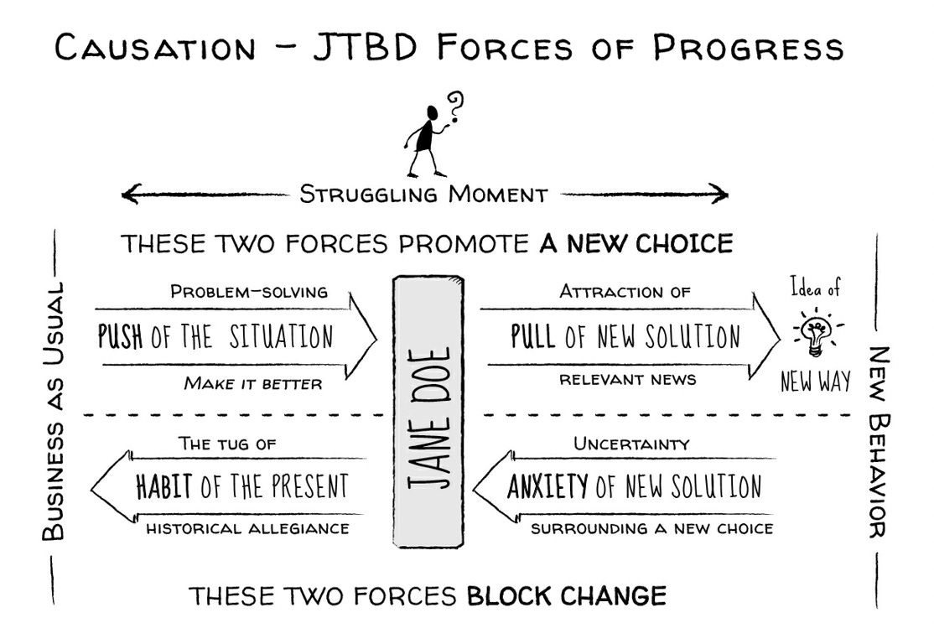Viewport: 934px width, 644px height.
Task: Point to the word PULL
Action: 533,337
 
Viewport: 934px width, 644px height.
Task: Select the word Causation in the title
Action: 155,48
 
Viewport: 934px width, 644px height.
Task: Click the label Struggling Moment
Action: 423,195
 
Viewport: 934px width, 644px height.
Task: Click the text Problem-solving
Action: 249,292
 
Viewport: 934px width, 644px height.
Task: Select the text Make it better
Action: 253,384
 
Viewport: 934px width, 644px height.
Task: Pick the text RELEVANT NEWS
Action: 628,379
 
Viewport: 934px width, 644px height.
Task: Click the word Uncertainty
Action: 631,444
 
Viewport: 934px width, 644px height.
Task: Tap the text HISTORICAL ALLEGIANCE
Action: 247,529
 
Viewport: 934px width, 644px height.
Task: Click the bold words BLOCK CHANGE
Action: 567,596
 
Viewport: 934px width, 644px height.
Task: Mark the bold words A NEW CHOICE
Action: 636,244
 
